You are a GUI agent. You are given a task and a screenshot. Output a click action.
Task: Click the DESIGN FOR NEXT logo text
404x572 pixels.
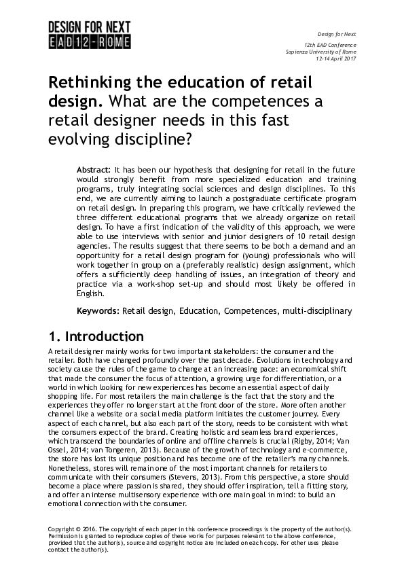89,28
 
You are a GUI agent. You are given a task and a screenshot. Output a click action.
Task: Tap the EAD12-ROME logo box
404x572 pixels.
89,42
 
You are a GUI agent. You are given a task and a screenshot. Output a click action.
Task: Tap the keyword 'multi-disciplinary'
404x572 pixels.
316,311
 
